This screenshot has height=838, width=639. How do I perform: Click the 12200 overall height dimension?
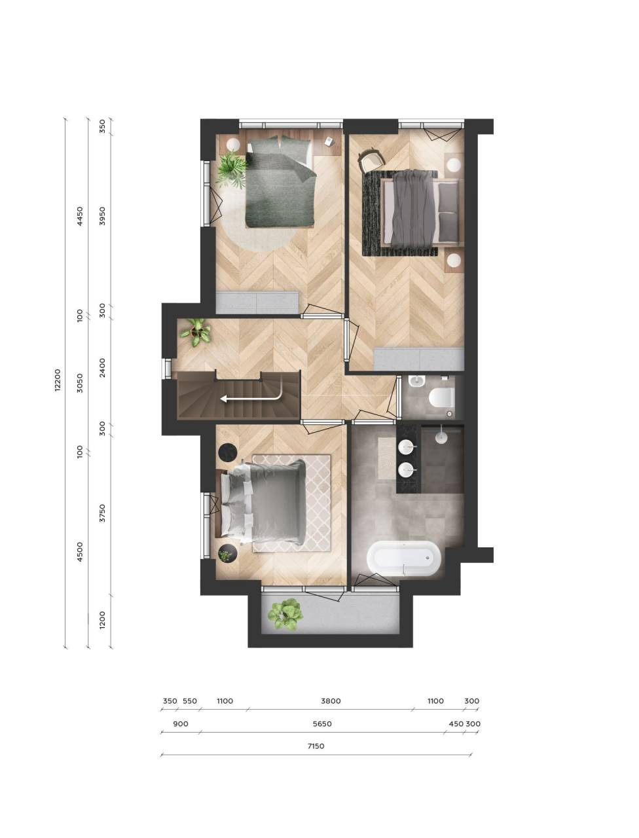click(57, 380)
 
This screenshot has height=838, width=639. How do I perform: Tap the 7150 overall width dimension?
click(316, 746)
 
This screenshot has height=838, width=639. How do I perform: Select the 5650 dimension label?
click(321, 723)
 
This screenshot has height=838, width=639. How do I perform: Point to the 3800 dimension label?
click(331, 701)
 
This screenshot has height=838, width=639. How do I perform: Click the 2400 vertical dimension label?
click(102, 368)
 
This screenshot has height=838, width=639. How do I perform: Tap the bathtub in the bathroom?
click(403, 560)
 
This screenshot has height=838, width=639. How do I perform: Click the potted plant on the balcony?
click(285, 614)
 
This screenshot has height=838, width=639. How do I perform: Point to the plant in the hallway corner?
click(196, 332)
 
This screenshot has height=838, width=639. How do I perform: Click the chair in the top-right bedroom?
click(370, 159)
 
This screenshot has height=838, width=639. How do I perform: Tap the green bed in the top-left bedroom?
click(281, 182)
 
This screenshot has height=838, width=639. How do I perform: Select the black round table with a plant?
click(228, 555)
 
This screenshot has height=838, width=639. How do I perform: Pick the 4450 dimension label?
click(80, 216)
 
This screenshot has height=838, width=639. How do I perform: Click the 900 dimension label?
click(181, 723)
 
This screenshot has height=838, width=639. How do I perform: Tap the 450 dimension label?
click(456, 723)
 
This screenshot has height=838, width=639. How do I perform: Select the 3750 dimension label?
click(102, 513)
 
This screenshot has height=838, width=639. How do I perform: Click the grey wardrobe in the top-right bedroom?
click(419, 359)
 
